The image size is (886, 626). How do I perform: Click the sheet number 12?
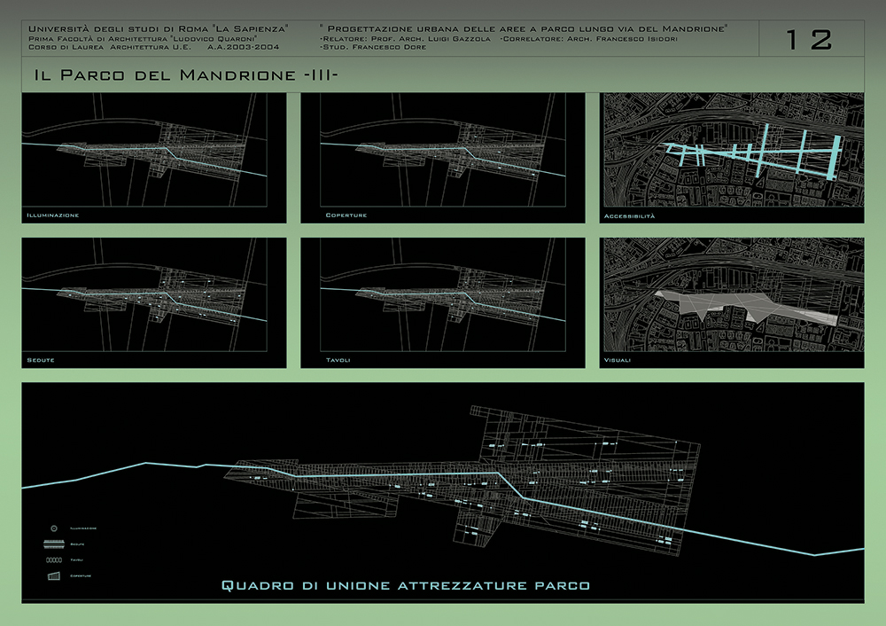[x=809, y=39]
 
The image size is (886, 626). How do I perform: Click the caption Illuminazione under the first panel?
[x=53, y=215]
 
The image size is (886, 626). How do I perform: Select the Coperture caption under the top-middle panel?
[x=346, y=215]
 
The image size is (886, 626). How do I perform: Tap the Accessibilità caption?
[x=630, y=215]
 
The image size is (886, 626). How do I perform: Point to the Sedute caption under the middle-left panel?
[x=41, y=361]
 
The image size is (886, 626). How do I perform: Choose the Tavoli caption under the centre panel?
[x=338, y=361]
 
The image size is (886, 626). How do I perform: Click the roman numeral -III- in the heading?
[x=319, y=75]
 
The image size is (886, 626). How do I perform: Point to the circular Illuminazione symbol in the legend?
[x=55, y=528]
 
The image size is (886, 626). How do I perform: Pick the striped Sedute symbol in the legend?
[x=55, y=544]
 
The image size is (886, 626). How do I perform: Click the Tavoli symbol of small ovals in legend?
[x=55, y=559]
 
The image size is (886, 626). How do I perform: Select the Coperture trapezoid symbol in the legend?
[x=55, y=575]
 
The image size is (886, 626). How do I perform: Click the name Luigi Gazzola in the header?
[x=449, y=39]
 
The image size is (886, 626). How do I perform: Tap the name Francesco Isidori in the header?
[x=634, y=39]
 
